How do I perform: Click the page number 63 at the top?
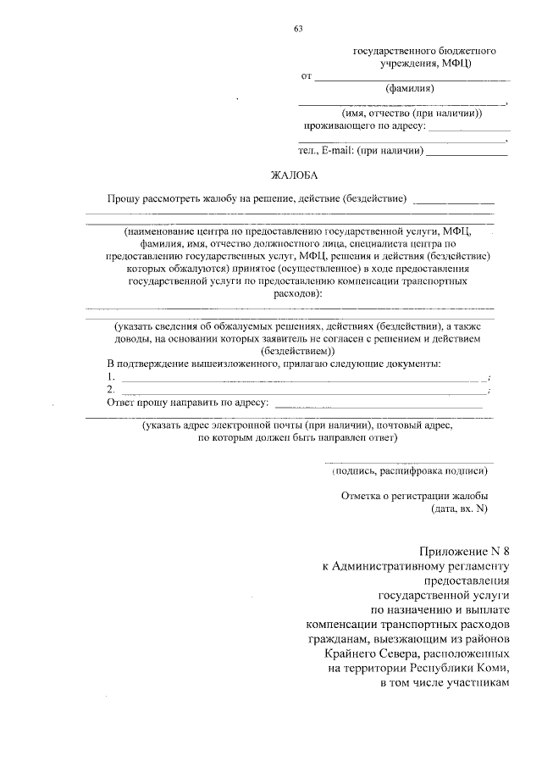pos(298,29)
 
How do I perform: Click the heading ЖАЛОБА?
pos(293,176)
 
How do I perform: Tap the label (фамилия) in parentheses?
pos(410,88)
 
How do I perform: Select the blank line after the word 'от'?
pos(412,79)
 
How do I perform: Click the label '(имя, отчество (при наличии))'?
pos(412,114)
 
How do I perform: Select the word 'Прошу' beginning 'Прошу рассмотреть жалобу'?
pos(124,200)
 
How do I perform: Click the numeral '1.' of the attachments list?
pos(111,376)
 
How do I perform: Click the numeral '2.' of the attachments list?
pos(111,389)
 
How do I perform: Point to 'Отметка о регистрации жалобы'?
pos(414,497)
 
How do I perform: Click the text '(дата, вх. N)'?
pos(460,509)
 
